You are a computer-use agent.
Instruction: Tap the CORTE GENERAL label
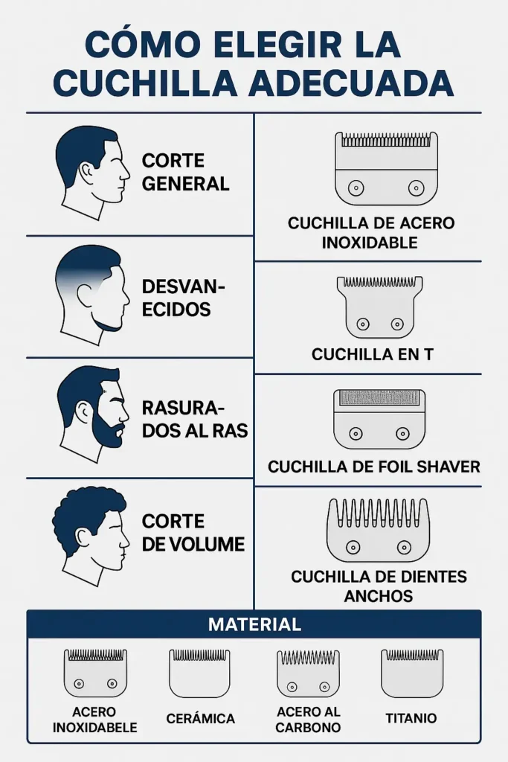point(185,172)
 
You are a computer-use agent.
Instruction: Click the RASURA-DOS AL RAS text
point(194,420)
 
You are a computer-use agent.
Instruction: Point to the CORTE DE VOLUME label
point(193,533)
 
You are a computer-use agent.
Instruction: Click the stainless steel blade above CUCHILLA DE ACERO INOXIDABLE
point(385,168)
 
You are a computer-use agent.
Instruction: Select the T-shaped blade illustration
point(379,307)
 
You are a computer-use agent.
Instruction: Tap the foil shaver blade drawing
point(379,419)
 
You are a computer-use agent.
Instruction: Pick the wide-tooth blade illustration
point(378,530)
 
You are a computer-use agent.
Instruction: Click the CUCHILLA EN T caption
point(372,355)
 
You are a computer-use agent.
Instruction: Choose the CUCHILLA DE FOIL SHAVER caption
point(374,467)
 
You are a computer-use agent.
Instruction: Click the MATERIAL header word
point(254,624)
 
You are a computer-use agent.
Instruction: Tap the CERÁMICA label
point(200,719)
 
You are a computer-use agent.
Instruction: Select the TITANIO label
point(411,719)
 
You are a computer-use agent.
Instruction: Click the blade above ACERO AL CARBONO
point(308,673)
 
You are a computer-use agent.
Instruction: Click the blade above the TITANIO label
point(411,673)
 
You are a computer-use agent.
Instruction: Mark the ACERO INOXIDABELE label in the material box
point(94,720)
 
